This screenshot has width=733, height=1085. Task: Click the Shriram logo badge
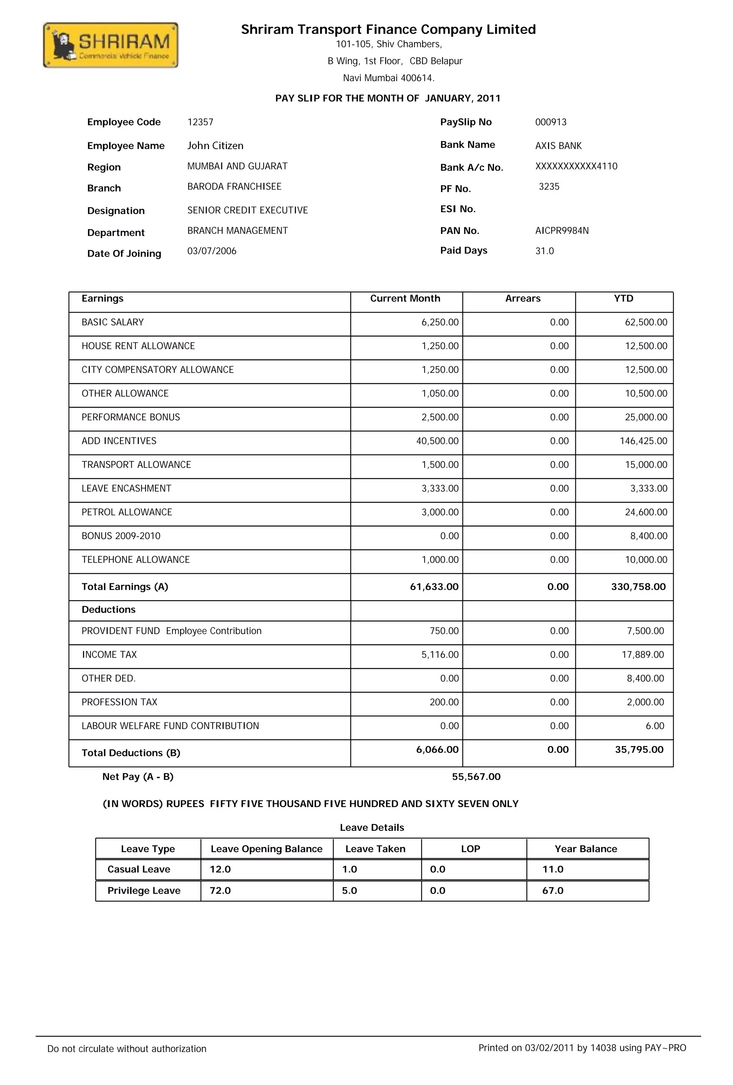(x=110, y=45)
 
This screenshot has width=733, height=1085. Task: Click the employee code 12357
(x=200, y=122)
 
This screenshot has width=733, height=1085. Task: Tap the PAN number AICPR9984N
(x=562, y=231)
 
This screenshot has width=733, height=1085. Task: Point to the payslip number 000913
(x=550, y=122)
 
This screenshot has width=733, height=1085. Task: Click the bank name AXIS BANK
(x=558, y=146)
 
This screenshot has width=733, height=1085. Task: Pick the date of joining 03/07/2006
(x=212, y=251)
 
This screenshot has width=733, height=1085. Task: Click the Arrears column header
(x=522, y=299)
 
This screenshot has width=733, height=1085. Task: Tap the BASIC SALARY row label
(x=113, y=323)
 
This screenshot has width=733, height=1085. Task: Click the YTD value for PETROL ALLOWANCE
(x=646, y=512)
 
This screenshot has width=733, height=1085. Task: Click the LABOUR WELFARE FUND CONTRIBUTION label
(x=170, y=726)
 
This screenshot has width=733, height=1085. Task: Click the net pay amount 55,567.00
(x=476, y=777)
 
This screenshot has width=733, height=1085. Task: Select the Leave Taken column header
(x=375, y=849)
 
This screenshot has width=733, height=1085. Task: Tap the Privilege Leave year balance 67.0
(x=552, y=891)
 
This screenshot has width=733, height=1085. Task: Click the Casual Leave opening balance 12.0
(x=220, y=869)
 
